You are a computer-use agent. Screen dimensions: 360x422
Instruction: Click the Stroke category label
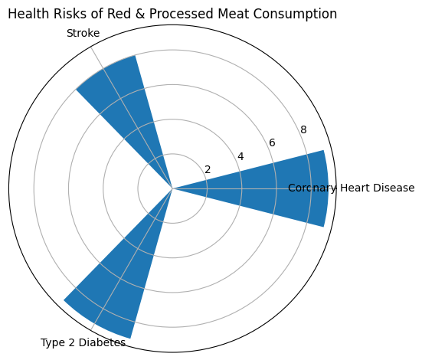click(83, 33)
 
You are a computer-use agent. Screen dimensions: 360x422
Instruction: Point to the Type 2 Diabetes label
click(83, 342)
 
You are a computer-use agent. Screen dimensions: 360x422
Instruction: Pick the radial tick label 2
click(207, 169)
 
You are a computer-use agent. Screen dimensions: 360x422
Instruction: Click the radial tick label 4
click(240, 156)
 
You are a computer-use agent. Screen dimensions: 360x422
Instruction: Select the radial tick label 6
click(272, 143)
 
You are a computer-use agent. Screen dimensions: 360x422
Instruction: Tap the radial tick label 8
click(303, 130)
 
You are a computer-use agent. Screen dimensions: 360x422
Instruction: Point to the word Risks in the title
click(77, 14)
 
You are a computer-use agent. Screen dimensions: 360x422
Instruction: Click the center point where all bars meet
click(172, 188)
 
